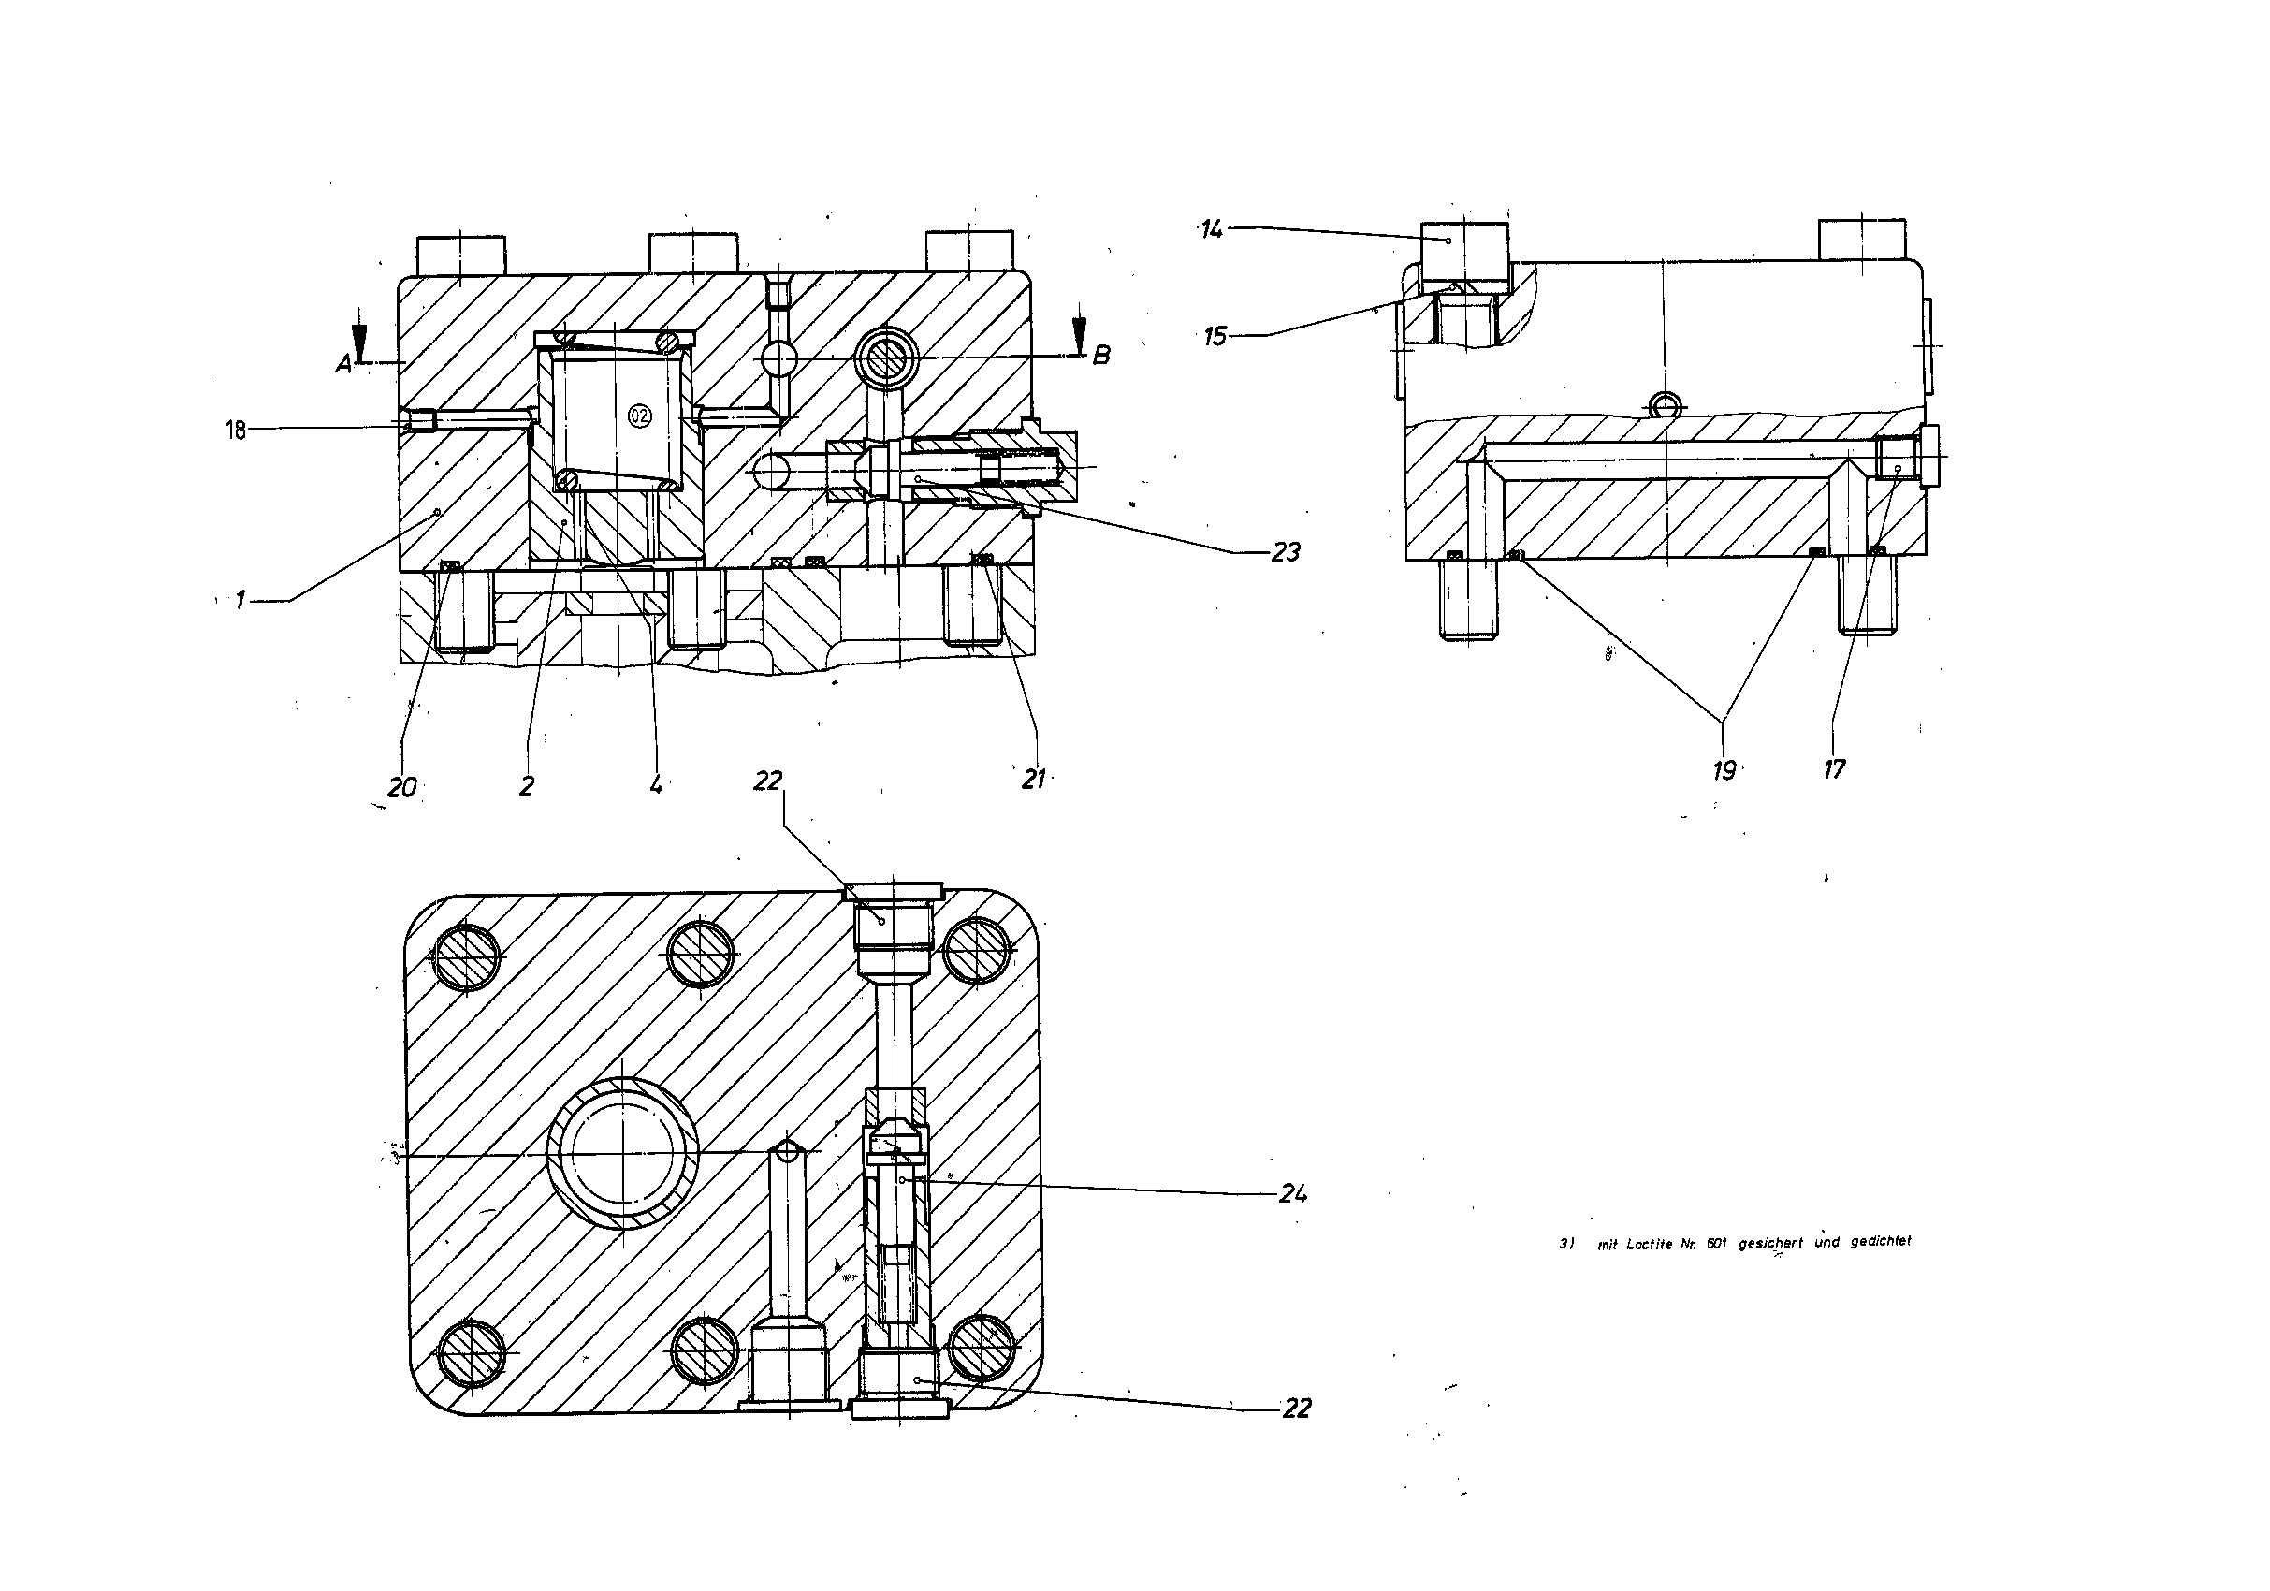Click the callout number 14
point(1212,229)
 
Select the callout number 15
point(1215,336)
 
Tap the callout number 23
point(1286,552)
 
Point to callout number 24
point(1293,1193)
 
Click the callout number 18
point(235,431)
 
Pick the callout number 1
point(240,599)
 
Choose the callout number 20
point(402,787)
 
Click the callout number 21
point(1033,780)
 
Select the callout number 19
point(1724,770)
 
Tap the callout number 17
point(1834,768)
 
